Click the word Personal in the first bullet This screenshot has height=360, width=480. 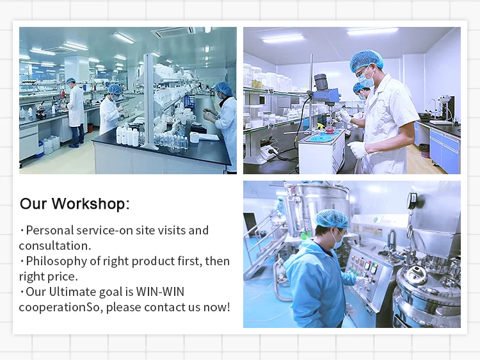50,231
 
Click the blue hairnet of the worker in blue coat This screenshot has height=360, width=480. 332,218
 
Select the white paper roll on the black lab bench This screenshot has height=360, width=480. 196,136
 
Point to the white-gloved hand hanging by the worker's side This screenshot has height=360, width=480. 358,149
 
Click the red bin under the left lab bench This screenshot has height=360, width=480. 90,127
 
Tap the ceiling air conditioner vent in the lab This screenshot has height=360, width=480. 173,31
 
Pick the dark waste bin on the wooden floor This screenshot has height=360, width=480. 424,151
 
